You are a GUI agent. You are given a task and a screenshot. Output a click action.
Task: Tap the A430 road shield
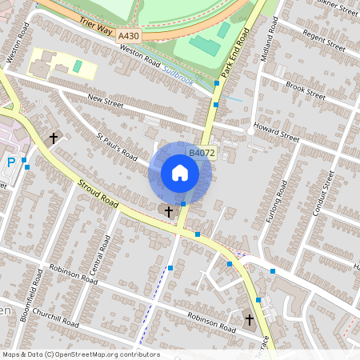[128, 37]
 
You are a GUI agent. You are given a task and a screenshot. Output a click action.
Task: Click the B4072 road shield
[201, 152]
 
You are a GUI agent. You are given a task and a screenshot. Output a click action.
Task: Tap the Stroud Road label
[99, 194]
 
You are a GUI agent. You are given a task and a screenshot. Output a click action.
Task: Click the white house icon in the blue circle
[179, 173]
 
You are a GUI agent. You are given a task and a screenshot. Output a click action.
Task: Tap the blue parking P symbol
[11, 162]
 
